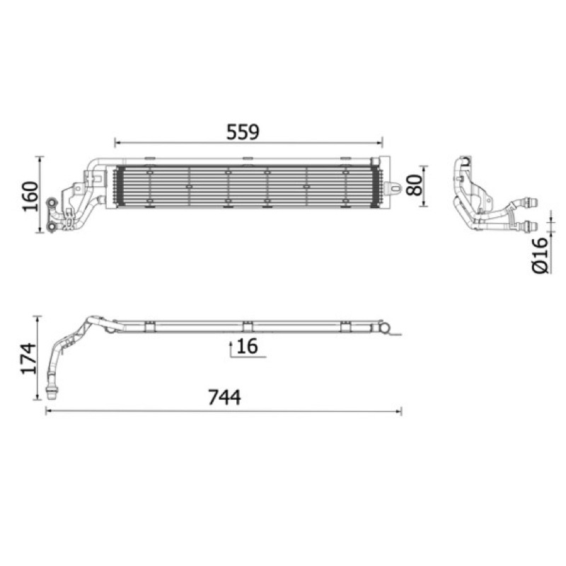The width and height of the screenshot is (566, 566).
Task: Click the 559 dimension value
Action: [x=243, y=132]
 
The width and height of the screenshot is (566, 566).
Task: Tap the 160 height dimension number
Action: [x=30, y=197]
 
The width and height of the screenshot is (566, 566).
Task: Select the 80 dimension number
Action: [x=414, y=185]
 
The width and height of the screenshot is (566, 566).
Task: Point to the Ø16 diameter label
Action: [x=541, y=255]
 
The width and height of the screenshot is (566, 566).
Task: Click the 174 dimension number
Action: [x=29, y=359]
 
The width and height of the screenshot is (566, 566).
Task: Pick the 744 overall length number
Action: [x=224, y=398]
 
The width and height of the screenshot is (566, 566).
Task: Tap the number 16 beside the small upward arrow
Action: [x=247, y=346]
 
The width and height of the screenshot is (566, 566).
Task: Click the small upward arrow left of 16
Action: [x=231, y=348]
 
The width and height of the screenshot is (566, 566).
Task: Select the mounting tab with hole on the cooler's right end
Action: [x=393, y=188]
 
